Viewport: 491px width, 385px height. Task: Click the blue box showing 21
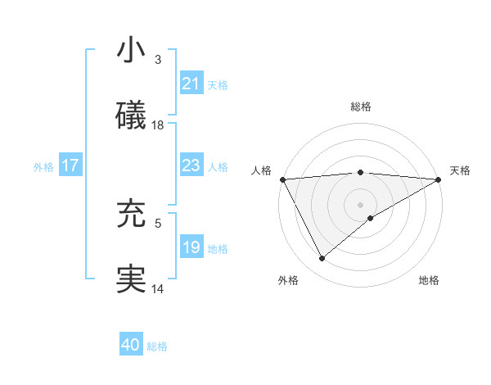pos(191,84)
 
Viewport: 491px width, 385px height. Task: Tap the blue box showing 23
pos(191,165)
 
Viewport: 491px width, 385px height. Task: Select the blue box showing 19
pos(191,247)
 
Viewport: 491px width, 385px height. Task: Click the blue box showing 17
pos(70,165)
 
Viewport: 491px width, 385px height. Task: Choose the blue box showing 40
pos(131,345)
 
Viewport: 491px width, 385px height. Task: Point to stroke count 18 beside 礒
pos(158,125)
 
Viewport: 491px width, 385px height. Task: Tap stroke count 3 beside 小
pos(158,59)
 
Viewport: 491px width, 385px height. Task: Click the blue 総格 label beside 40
pos(157,346)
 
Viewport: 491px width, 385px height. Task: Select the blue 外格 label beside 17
pos(43,166)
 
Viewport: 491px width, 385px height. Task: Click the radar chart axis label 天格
pos(461,170)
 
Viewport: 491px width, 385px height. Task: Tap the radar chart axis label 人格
pos(261,170)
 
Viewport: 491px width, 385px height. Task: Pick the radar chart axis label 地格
pos(429,280)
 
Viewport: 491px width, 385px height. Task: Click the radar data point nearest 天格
pos(439,179)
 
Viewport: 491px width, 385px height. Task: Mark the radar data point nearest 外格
pos(322,259)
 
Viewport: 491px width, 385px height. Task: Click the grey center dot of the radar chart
pos(361,204)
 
